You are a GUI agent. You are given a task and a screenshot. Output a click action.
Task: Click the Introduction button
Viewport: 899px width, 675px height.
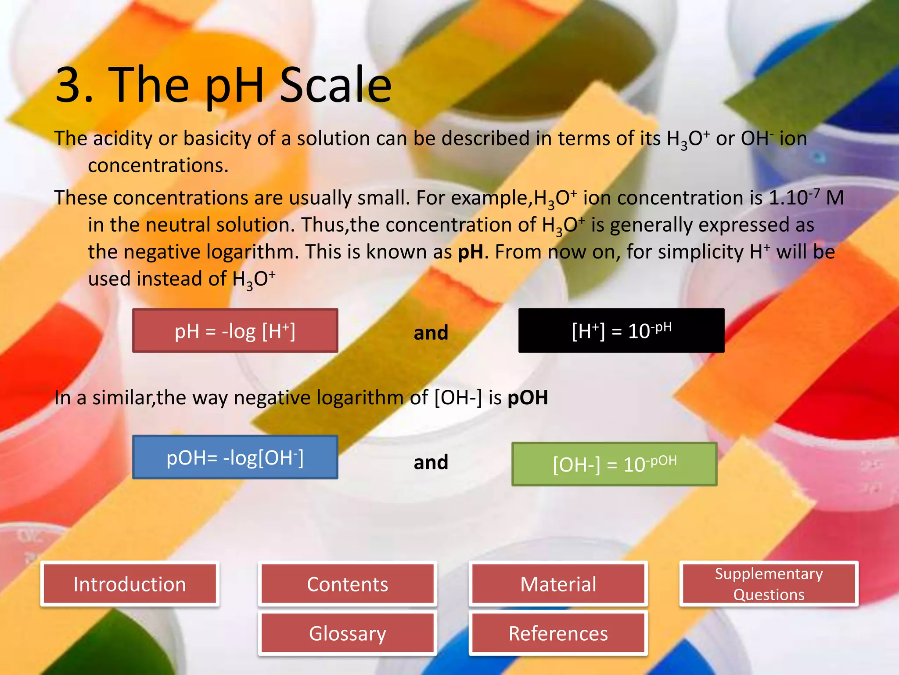[x=129, y=584]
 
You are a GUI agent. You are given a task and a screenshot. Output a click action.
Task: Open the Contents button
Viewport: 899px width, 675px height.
[x=347, y=584]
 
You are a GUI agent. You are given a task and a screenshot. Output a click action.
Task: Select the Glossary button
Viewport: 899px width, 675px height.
[x=347, y=633]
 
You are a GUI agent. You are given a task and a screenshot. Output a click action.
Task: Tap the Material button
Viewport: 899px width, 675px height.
[x=558, y=584]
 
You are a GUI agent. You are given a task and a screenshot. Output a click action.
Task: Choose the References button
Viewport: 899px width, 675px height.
[x=558, y=633]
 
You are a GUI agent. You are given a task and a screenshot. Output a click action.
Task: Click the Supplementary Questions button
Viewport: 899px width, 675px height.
[x=769, y=584]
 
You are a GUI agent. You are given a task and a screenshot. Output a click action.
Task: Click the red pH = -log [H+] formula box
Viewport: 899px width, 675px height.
[x=235, y=330]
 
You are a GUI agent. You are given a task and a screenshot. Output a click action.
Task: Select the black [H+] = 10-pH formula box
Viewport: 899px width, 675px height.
[x=621, y=330]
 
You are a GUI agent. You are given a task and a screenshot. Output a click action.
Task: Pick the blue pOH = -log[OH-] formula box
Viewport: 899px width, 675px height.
[x=235, y=457]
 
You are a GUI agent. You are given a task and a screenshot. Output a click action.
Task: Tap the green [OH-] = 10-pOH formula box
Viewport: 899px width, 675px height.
[x=614, y=464]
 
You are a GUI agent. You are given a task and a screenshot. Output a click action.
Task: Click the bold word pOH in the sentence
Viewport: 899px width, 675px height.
[x=528, y=398]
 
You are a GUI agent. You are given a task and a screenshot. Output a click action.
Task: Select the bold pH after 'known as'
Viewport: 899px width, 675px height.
[x=470, y=252]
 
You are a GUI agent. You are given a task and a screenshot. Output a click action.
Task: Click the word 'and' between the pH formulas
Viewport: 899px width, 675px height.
[x=431, y=333]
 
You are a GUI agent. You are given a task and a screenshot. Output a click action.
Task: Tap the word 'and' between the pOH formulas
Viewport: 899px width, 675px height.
[x=431, y=462]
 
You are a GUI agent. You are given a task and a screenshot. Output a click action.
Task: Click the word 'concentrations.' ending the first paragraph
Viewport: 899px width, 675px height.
[x=158, y=166]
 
